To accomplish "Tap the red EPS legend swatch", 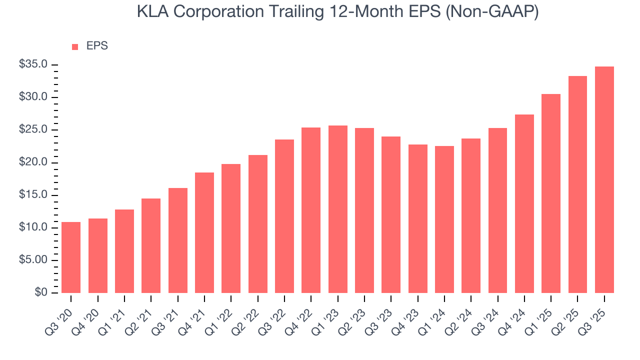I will pos(75,46).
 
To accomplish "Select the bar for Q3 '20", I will pos(71,257).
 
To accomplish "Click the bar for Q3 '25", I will pos(604,180).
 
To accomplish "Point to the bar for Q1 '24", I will pos(444,219).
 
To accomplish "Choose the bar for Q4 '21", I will pos(204,232).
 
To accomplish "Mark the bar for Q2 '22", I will pos(257,224).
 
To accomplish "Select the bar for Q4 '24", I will pos(524,203).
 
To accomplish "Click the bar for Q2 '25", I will pos(577,184).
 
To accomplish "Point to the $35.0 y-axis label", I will pos(33,64).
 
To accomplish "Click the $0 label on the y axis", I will pos(41,293).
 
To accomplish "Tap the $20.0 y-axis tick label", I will pos(33,162).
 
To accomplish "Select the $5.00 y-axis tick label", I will pos(33,260).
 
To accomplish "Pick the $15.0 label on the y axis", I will pos(33,195).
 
